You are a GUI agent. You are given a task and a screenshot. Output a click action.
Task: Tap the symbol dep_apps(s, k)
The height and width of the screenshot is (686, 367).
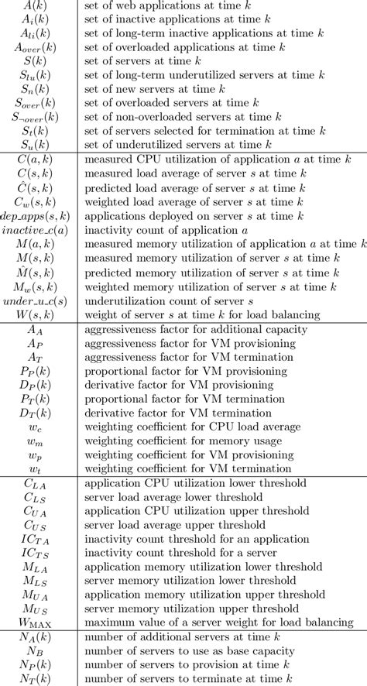tap(39, 216)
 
